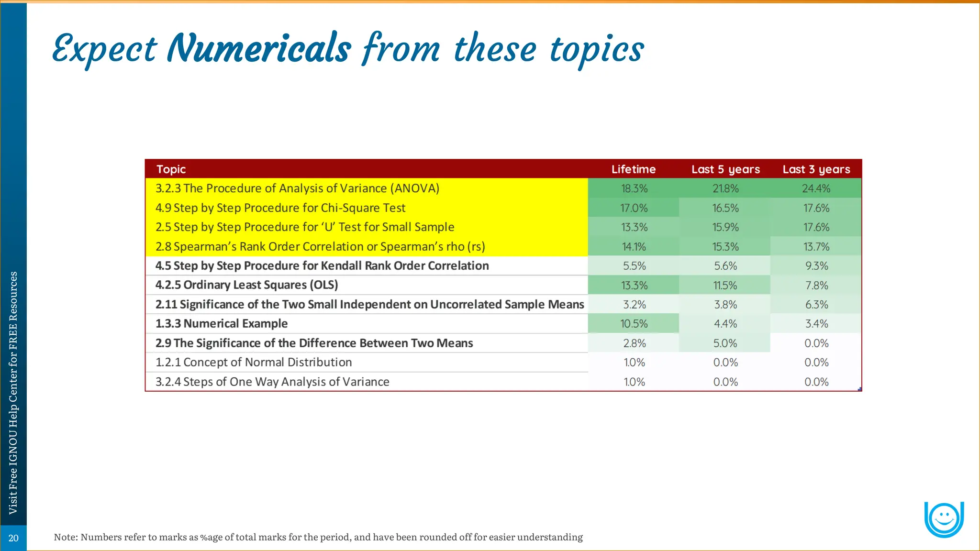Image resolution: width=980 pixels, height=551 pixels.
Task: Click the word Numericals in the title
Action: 259,49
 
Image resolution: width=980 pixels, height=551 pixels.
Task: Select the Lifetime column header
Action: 634,169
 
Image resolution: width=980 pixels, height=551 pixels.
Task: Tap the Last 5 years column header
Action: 725,169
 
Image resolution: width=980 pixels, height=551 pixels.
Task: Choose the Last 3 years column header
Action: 816,169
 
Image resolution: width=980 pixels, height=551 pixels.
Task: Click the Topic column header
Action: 171,169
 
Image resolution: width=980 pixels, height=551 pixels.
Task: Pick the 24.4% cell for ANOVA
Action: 816,188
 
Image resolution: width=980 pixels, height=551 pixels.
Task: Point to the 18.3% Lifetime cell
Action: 634,188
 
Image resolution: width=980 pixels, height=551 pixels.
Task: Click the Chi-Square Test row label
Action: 280,208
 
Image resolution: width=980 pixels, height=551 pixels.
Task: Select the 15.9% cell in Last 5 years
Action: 725,227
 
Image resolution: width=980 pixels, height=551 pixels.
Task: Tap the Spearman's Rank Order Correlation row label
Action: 320,247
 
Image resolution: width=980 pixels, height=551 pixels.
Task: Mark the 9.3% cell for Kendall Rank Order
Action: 816,266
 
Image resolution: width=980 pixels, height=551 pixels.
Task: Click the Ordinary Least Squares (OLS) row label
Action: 246,285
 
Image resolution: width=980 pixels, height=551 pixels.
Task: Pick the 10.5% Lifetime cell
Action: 634,324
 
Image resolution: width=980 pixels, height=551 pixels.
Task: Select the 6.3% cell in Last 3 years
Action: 816,305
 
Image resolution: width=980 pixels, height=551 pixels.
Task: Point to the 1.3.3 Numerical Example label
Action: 221,324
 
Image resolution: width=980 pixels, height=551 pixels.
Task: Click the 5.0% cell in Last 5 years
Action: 725,343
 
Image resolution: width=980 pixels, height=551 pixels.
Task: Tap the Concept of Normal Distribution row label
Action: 253,363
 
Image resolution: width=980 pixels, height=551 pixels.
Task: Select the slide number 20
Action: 13,538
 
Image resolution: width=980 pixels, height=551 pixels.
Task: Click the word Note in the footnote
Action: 65,537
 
